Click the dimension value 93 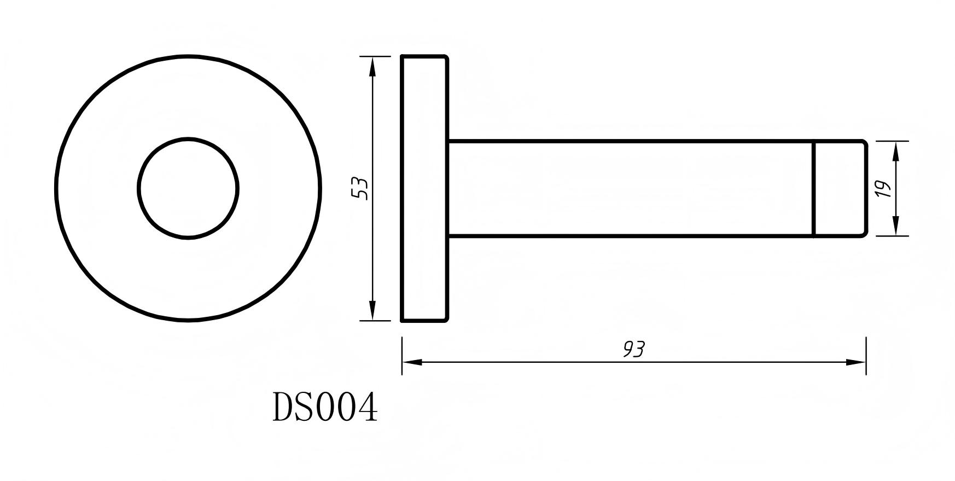pyautogui.click(x=634, y=349)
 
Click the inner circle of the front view pyautogui.click(x=188, y=188)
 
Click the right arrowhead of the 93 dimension pyautogui.click(x=856, y=362)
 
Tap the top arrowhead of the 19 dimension pyautogui.click(x=895, y=150)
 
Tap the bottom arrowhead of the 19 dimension pyautogui.click(x=895, y=227)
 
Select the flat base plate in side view pyautogui.click(x=424, y=188)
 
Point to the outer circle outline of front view pyautogui.click(x=56, y=188)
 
